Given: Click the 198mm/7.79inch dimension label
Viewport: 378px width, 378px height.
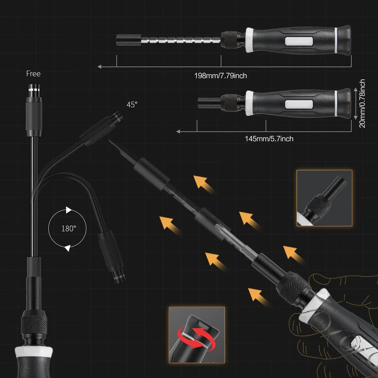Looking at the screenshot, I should tap(221, 76).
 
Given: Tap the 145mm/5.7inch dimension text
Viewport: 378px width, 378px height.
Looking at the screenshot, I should tap(269, 139).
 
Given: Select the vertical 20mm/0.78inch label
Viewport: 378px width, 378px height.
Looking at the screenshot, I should tap(362, 104).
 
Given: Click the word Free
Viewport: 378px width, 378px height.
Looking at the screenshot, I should tap(33, 74).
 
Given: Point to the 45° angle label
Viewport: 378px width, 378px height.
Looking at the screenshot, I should tap(132, 105).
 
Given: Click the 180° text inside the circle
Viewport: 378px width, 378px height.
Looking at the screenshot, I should tap(69, 229).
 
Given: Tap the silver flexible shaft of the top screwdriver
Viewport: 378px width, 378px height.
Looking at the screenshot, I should tap(180, 41).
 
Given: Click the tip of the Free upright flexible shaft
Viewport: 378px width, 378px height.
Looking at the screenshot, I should tap(34, 88).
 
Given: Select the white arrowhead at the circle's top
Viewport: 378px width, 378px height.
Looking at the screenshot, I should tap(69, 210).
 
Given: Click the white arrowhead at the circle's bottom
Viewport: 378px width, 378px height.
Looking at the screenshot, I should tap(67, 248).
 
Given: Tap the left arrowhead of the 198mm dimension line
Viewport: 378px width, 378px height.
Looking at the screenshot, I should tap(99, 67).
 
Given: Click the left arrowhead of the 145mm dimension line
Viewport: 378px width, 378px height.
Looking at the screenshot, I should tap(178, 132).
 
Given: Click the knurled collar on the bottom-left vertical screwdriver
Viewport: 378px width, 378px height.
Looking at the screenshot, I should tap(34, 324).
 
